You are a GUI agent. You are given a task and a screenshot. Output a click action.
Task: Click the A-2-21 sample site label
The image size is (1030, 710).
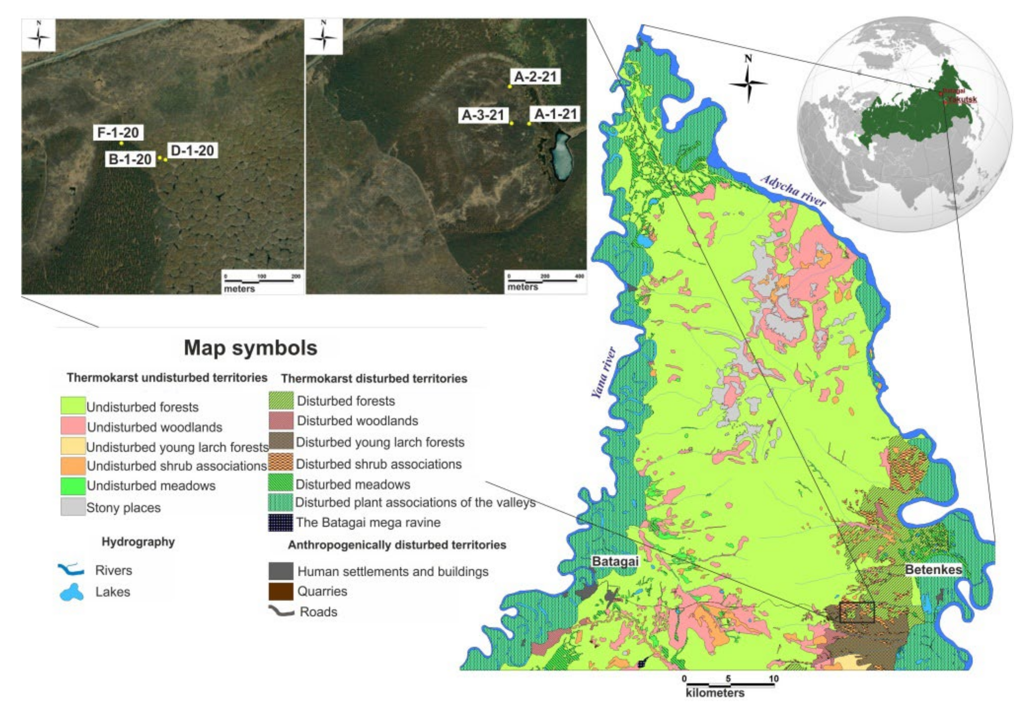click(x=535, y=77)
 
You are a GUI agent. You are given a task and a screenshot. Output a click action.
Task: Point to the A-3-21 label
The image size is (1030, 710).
click(x=483, y=115)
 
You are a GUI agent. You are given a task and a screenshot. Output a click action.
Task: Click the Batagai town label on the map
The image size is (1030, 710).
click(x=614, y=561)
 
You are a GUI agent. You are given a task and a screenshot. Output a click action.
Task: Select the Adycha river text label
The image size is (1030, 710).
click(x=793, y=190)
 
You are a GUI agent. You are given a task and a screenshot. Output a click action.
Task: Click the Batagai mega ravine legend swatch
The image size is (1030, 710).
click(x=281, y=523)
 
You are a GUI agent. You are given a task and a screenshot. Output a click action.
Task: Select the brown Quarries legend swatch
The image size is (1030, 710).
click(x=281, y=591)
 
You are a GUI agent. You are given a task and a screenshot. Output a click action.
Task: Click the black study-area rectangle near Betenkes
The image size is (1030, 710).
click(x=857, y=612)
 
